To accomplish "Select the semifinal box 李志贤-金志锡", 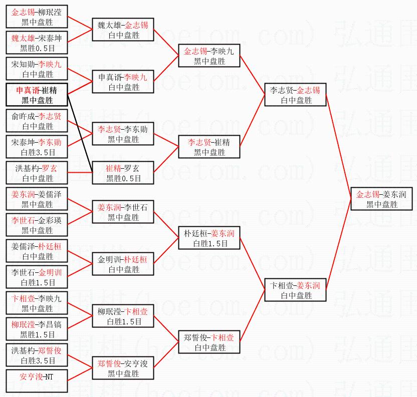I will (x=295, y=95).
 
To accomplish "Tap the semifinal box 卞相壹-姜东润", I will (x=295, y=290).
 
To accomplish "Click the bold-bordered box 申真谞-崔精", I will (x=37, y=95).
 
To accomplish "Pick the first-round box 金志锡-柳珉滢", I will (x=37, y=17).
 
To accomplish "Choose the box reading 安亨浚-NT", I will (x=37, y=381).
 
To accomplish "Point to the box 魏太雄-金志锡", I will (x=123, y=30).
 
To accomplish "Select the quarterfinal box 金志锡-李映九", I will (x=209, y=56).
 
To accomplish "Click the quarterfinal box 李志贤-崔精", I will (x=209, y=147).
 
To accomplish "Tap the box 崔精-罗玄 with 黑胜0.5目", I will (x=123, y=173).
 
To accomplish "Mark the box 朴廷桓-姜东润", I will (x=209, y=238).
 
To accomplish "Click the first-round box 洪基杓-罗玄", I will (x=37, y=173).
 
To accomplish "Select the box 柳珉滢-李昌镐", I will (x=37, y=329).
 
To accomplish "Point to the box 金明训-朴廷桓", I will (x=123, y=264).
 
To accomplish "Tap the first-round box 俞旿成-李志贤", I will (x=37, y=121).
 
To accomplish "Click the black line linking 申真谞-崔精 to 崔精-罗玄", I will (x=80, y=131).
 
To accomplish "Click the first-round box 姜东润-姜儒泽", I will (x=37, y=199).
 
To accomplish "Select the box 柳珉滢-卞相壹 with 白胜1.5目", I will (x=123, y=316).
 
